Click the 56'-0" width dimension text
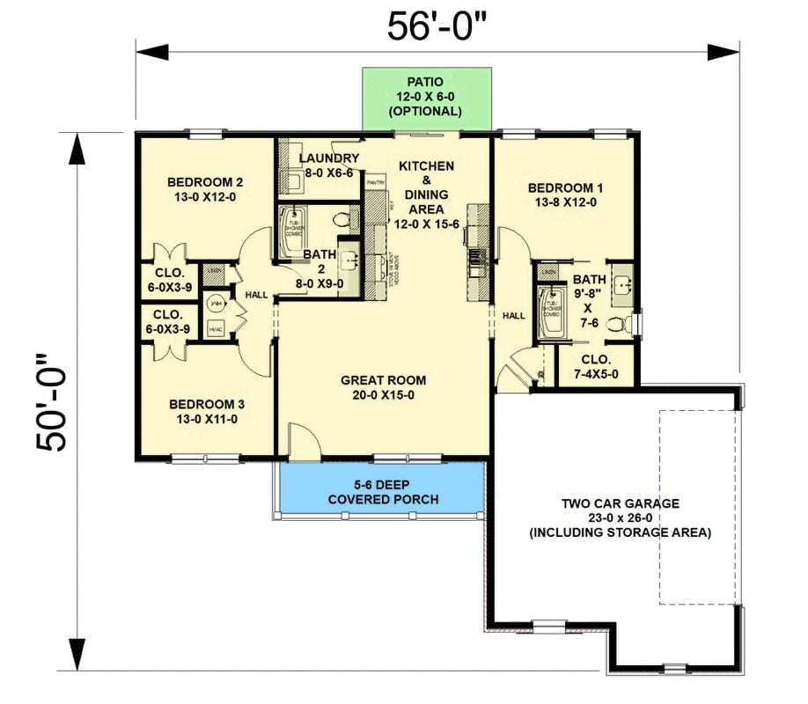(x=437, y=26)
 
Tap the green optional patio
(x=427, y=98)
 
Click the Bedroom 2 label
(x=205, y=190)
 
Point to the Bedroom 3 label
(x=205, y=412)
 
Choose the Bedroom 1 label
(x=564, y=194)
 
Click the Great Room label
(x=383, y=387)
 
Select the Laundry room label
(x=328, y=165)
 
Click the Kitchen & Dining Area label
(x=426, y=187)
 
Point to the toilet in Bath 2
(x=344, y=216)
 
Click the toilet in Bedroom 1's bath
(x=627, y=323)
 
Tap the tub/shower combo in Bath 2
(x=290, y=231)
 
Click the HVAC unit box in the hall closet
(x=215, y=329)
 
